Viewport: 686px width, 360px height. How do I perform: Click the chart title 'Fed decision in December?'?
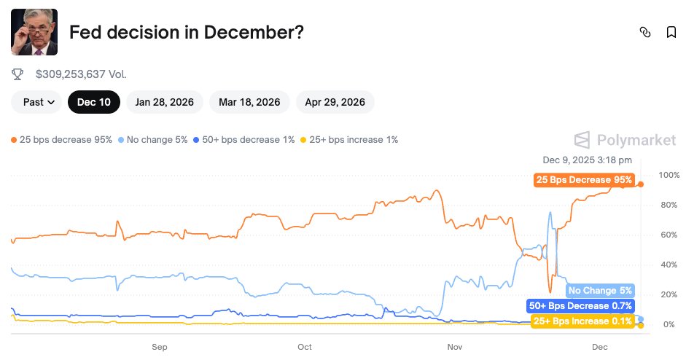(x=186, y=32)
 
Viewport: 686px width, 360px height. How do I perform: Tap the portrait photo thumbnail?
(x=34, y=32)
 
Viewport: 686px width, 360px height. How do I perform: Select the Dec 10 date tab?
(x=94, y=102)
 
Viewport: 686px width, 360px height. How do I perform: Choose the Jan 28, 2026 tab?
(x=165, y=102)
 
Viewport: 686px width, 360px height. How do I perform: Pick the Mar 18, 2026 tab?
(x=249, y=102)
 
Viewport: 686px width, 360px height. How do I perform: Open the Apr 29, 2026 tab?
(x=335, y=102)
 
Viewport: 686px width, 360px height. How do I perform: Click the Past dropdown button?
(x=39, y=102)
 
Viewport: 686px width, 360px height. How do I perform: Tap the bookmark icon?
(x=671, y=32)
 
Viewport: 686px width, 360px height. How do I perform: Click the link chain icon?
(x=644, y=32)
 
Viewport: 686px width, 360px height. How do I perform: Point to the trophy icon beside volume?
(x=18, y=74)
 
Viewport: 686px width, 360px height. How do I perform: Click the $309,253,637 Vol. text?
(x=81, y=74)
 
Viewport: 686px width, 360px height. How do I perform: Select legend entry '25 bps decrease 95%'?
(x=62, y=139)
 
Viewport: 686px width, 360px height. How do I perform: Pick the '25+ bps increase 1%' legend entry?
(x=349, y=139)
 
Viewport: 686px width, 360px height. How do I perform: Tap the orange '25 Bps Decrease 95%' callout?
(x=584, y=180)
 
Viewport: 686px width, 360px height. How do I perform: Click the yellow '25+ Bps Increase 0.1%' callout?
(x=582, y=321)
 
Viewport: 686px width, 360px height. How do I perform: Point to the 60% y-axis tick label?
(x=668, y=235)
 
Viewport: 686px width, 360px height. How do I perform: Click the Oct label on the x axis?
(x=305, y=347)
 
